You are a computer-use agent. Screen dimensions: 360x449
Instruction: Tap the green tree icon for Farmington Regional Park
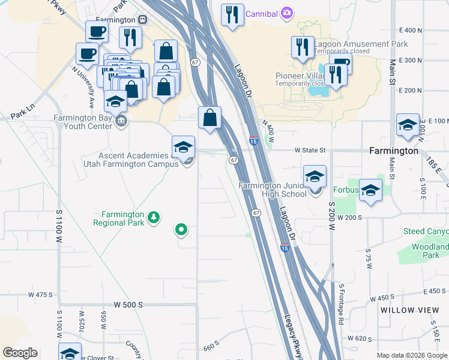coord(154,217)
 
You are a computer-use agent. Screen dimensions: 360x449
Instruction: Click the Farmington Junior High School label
coord(273,189)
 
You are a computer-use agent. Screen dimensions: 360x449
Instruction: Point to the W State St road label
coord(309,151)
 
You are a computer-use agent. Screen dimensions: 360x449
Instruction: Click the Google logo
coord(20,353)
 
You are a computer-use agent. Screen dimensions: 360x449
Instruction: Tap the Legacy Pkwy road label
coord(293,336)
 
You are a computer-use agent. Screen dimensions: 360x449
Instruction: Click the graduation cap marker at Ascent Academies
coord(184,147)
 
